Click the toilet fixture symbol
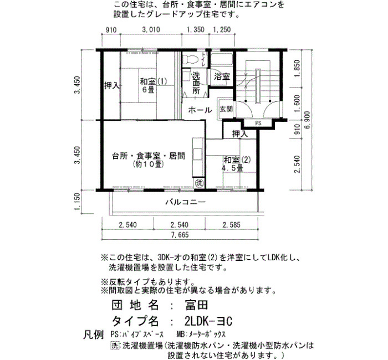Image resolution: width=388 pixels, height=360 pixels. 191,59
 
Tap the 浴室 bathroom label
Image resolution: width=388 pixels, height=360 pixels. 222,76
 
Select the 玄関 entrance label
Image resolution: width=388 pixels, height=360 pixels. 226,109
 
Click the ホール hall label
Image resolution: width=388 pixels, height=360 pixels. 200,110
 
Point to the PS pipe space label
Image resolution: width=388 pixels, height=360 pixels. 258,123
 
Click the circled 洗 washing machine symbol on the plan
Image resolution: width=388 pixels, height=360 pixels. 199,183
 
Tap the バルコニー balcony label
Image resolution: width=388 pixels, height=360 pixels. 186,202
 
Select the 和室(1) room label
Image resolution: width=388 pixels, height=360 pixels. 154,81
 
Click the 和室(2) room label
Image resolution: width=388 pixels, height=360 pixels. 237,160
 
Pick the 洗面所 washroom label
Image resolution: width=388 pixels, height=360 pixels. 196,83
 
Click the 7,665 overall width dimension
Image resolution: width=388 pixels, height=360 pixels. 180,235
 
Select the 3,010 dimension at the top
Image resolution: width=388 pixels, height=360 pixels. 151,30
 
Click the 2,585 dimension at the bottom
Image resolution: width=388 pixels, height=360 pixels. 231,225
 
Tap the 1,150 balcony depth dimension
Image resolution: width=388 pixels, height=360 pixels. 77,202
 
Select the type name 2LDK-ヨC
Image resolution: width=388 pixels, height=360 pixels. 208,321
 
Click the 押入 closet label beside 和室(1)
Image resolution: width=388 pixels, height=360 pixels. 112,86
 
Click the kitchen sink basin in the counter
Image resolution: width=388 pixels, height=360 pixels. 198,155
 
